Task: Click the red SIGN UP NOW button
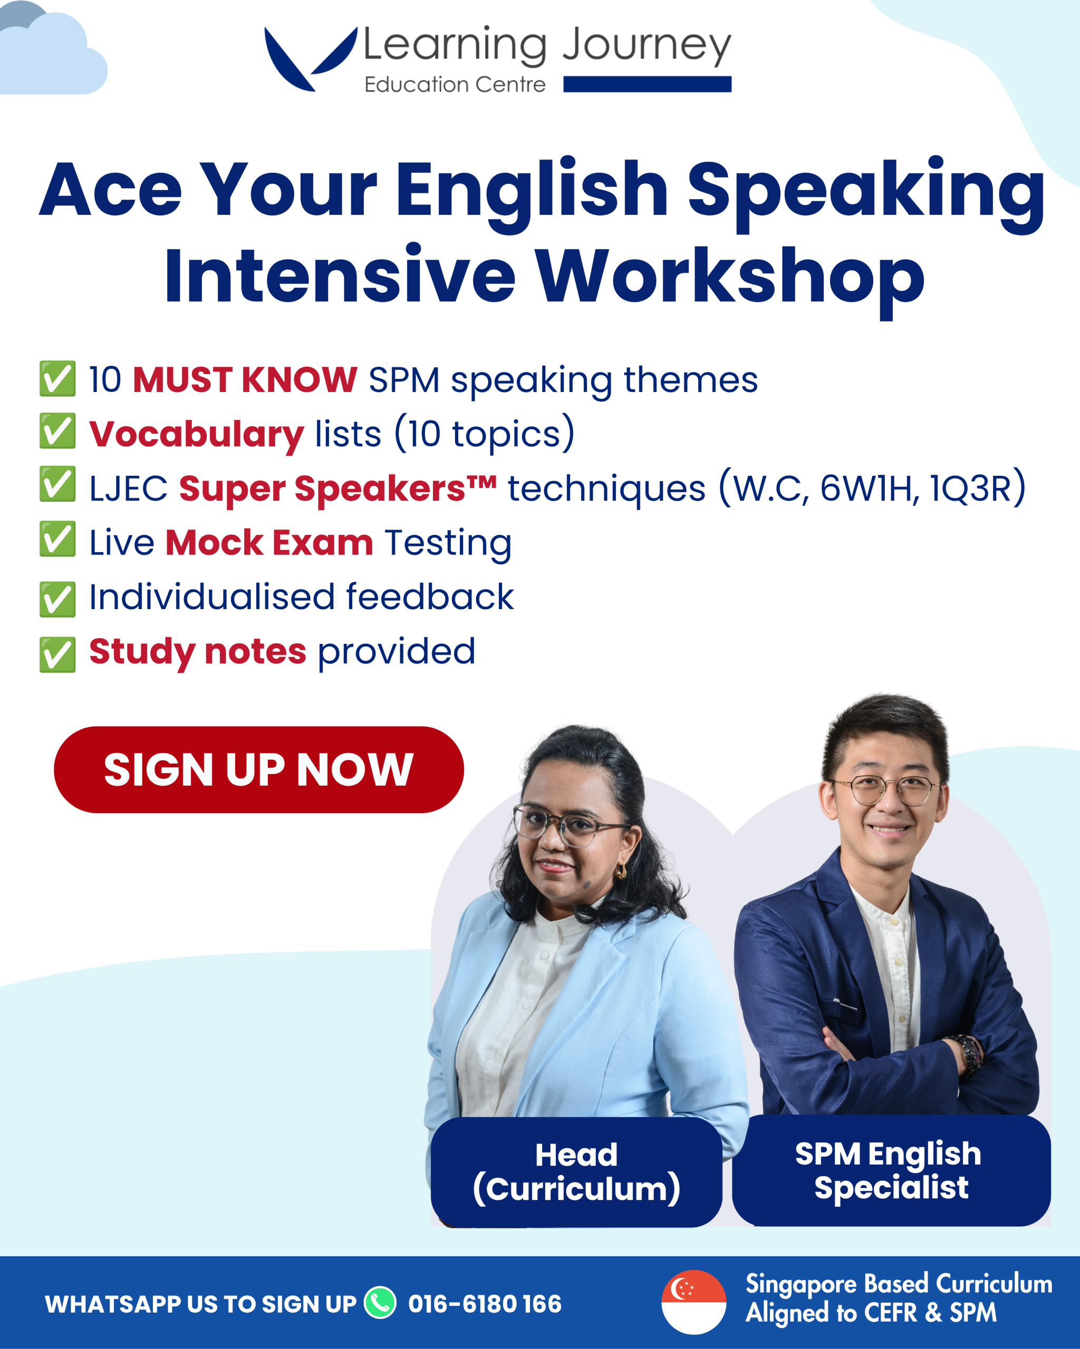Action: point(258,769)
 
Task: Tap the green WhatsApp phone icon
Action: point(380,1303)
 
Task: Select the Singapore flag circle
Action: point(693,1302)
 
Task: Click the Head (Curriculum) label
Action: point(576,1172)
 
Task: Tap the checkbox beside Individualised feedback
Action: point(57,599)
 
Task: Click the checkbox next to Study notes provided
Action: point(57,654)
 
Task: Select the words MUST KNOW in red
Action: point(245,380)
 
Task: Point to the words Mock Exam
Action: point(269,542)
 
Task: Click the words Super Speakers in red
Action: point(337,488)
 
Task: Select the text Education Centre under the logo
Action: point(455,84)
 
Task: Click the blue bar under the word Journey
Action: point(648,84)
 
